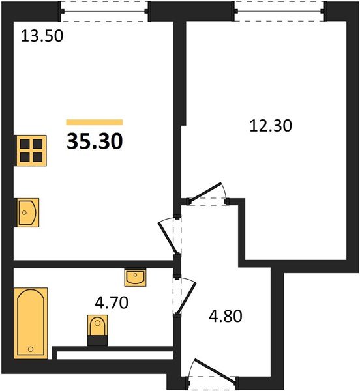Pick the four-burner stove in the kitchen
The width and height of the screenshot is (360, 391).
31,151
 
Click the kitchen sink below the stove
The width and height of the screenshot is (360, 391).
26,212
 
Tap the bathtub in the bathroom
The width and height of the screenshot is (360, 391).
30,323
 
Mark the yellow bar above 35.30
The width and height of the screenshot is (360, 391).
95,122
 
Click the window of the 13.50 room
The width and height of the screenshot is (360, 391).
105,10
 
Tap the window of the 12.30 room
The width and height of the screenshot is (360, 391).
280,10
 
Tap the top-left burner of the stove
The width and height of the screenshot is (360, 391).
25,144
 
